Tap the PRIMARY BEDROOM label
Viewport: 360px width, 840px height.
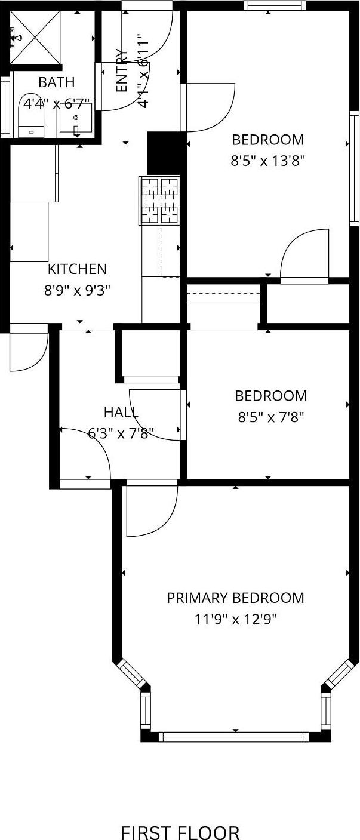coord(235,598)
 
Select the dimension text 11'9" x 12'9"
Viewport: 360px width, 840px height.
coord(235,619)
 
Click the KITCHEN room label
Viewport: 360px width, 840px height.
coord(77,269)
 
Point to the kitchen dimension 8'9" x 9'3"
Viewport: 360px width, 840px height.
coord(77,290)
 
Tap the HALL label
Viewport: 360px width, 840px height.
coord(121,412)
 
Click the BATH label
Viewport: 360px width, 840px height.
coord(57,82)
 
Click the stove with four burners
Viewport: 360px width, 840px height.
coord(159,200)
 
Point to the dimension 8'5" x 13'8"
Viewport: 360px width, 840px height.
coord(268,161)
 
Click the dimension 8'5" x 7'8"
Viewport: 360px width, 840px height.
coord(271,417)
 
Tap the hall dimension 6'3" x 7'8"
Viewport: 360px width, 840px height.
coord(121,433)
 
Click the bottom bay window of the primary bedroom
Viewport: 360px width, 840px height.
coord(235,737)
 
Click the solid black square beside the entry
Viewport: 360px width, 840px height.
coord(164,152)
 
